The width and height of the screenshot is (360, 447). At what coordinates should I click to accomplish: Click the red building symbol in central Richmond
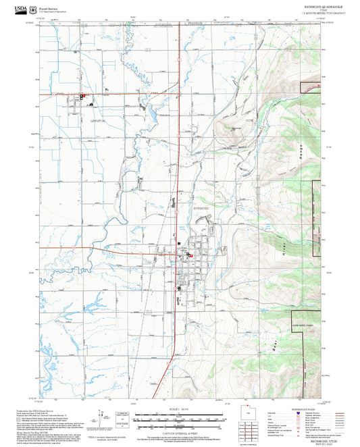point(190,255)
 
